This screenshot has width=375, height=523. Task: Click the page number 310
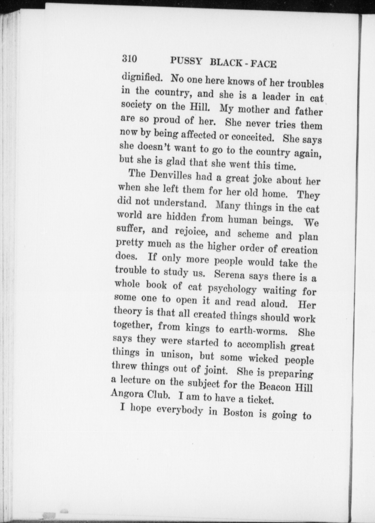click(x=129, y=59)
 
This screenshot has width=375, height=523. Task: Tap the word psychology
click(x=232, y=289)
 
